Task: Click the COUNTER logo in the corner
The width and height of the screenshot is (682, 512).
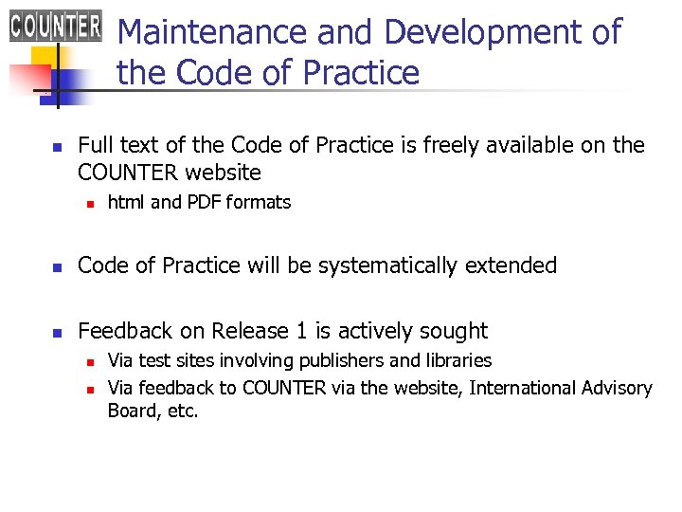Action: pyautogui.click(x=55, y=25)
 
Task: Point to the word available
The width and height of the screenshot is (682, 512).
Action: pyautogui.click(x=534, y=145)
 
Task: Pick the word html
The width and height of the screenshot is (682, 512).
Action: pyautogui.click(x=126, y=202)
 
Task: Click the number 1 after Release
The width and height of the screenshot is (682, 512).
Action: pyautogui.click(x=301, y=331)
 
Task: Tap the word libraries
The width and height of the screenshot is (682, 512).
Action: pyautogui.click(x=458, y=360)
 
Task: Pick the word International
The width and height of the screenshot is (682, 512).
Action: pyautogui.click(x=525, y=388)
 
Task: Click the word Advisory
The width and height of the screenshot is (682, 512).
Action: pyautogui.click(x=619, y=388)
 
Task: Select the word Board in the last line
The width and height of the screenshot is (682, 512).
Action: pyautogui.click(x=131, y=411)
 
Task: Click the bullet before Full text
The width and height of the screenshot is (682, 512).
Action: pyautogui.click(x=55, y=147)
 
